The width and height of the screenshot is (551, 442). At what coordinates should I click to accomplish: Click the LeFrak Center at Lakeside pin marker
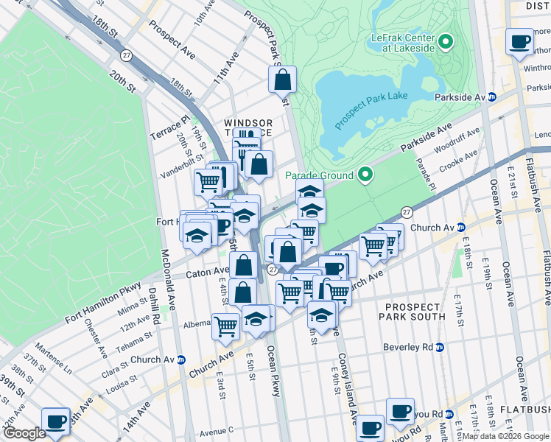pos(445,41)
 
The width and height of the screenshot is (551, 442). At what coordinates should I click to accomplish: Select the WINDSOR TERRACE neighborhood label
pos(248,127)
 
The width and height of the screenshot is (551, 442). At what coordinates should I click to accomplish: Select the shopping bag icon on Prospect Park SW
pos(282,79)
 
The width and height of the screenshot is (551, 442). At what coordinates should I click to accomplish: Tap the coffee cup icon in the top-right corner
pos(520,41)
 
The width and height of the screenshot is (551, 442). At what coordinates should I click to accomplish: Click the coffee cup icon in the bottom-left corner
pos(55,421)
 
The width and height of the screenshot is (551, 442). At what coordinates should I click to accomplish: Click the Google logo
pos(24,433)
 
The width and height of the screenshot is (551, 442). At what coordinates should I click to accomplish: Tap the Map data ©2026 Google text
pos(505,436)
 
